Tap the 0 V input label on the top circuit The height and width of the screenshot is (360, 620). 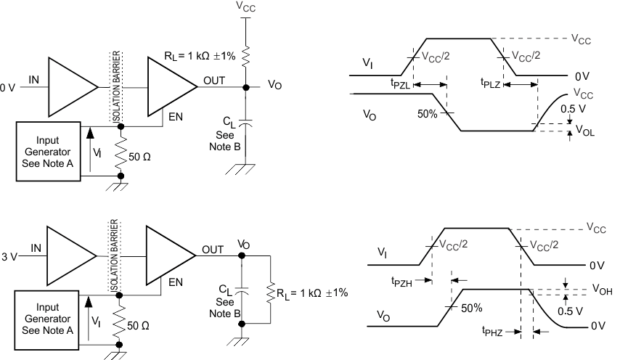tap(7, 88)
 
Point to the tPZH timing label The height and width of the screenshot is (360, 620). tap(402, 281)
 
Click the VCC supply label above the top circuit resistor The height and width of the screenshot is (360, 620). tap(246, 7)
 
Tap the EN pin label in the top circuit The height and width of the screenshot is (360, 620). tap(174, 115)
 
